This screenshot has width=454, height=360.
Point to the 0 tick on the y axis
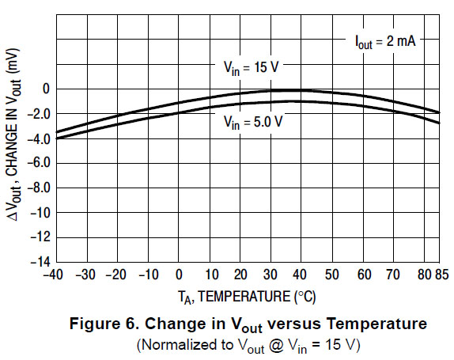(46, 89)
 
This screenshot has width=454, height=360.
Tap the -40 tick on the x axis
(55, 275)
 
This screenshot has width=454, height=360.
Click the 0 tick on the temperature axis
(180, 275)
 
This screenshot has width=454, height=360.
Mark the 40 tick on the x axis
(302, 275)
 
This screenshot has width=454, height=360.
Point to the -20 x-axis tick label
(116, 275)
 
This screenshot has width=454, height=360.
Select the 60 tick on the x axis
(364, 275)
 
